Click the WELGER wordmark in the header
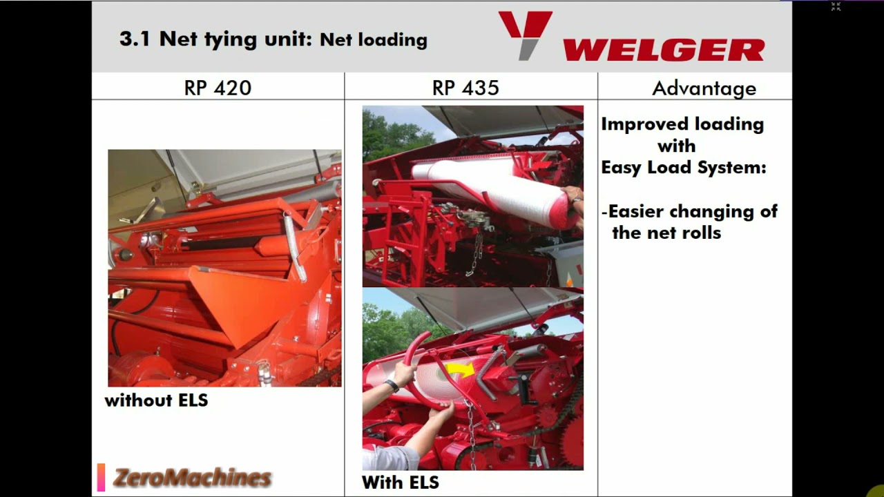[664, 50]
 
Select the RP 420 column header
[218, 88]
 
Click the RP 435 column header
[465, 88]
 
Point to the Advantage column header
[704, 88]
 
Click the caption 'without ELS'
[156, 400]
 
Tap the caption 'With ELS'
[401, 482]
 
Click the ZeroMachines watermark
[192, 477]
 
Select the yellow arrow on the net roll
[462, 371]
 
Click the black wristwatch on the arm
[392, 385]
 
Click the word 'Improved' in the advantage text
[641, 124]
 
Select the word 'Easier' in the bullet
[637, 211]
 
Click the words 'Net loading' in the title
[374, 40]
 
